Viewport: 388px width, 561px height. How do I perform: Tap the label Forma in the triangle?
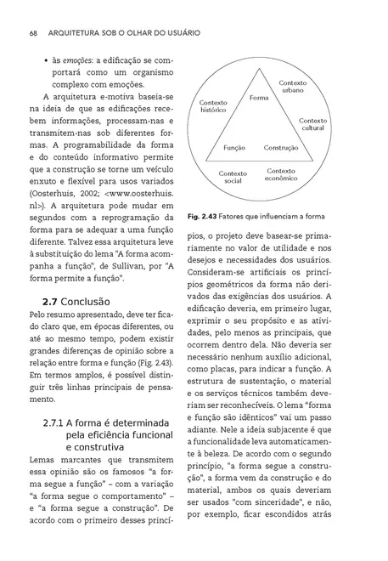(260, 99)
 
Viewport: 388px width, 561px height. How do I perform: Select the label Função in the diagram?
(234, 147)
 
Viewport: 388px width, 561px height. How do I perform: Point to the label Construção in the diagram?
(281, 147)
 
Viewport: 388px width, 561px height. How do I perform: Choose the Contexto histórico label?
(214, 105)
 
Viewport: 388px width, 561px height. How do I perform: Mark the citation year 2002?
(104, 191)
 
